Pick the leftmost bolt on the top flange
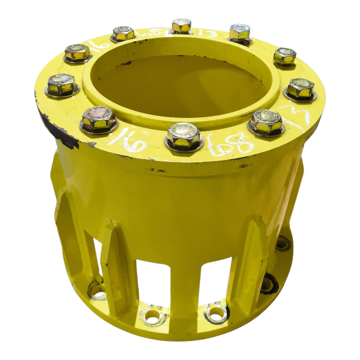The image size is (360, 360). (62, 85)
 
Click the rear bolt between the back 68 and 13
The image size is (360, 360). (181, 26)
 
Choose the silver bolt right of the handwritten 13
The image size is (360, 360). (240, 33)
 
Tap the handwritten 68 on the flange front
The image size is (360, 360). (230, 143)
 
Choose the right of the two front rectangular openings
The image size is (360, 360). (215, 280)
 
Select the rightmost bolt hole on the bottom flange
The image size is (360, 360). (283, 243)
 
